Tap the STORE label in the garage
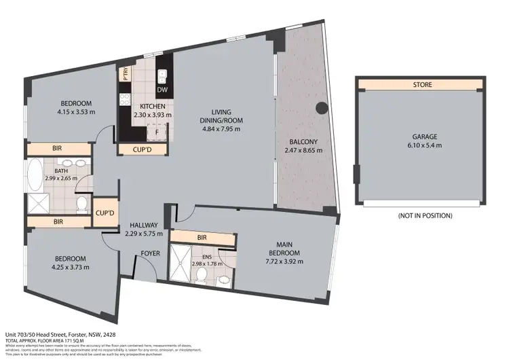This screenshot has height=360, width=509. (x=421, y=85)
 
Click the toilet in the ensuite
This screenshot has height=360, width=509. (x=202, y=275)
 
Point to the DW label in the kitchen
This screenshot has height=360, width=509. (x=162, y=90)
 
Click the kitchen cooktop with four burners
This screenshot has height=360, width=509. (x=125, y=101)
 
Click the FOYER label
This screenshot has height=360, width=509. (x=150, y=254)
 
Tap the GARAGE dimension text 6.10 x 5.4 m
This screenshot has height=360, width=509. (x=423, y=145)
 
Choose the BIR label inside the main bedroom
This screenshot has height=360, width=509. (x=202, y=238)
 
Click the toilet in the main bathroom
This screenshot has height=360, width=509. (x=81, y=202)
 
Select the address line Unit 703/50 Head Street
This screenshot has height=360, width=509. (x=48, y=335)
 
